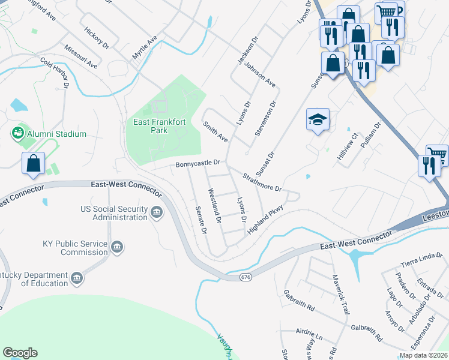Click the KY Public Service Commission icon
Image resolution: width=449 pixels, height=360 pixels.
pyautogui.click(x=118, y=246)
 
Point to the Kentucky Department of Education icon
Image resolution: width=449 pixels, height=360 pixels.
pyautogui.click(x=77, y=278)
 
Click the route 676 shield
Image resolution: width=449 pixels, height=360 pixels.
pyautogui.click(x=245, y=277)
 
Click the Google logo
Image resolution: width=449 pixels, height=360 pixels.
pyautogui.click(x=20, y=353)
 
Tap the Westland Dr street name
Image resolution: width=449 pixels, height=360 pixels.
pyautogui.click(x=214, y=207)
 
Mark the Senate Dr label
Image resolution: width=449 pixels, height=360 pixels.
pyautogui.click(x=201, y=221)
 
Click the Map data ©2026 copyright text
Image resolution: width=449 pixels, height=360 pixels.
pyautogui.click(x=424, y=355)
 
